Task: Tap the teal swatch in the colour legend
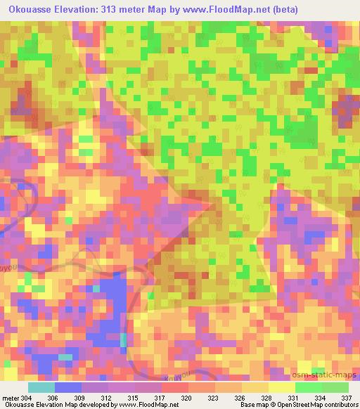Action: pos(41,388)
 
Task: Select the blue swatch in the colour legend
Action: pos(68,388)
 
